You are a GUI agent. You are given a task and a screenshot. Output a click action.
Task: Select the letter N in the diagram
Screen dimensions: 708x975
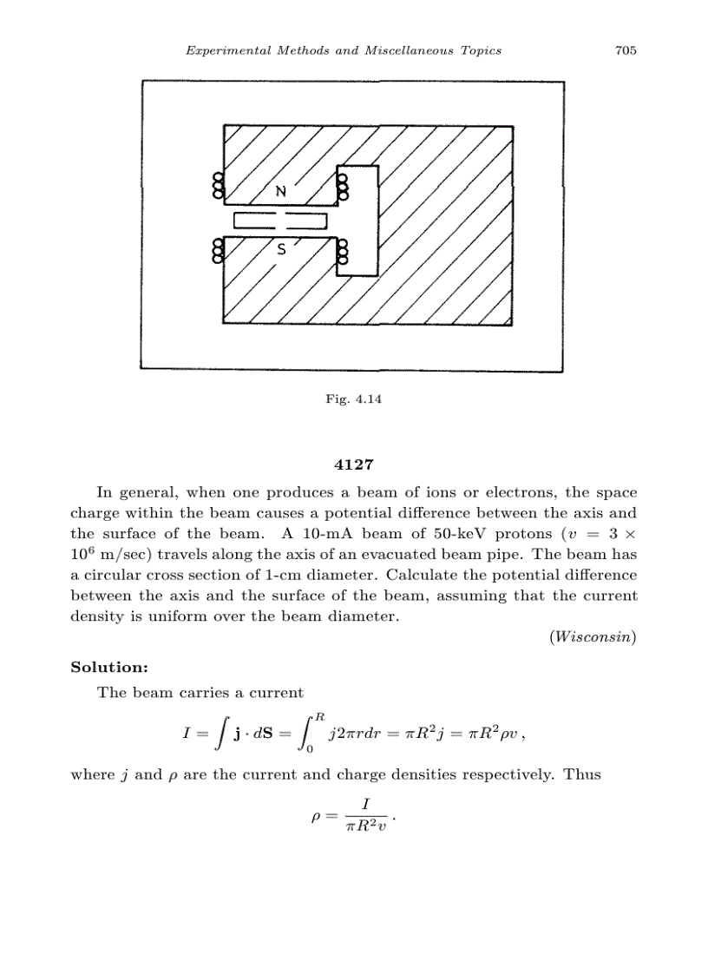point(280,190)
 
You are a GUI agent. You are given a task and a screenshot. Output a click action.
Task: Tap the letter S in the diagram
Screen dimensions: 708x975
point(280,250)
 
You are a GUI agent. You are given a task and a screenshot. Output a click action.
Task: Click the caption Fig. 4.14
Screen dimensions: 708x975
point(354,400)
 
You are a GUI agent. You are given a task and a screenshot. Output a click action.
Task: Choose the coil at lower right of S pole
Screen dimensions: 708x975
point(343,251)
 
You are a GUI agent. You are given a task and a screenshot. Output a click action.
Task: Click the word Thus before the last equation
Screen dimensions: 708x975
point(582,774)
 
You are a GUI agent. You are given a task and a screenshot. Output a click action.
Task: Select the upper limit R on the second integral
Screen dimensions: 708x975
point(320,716)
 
